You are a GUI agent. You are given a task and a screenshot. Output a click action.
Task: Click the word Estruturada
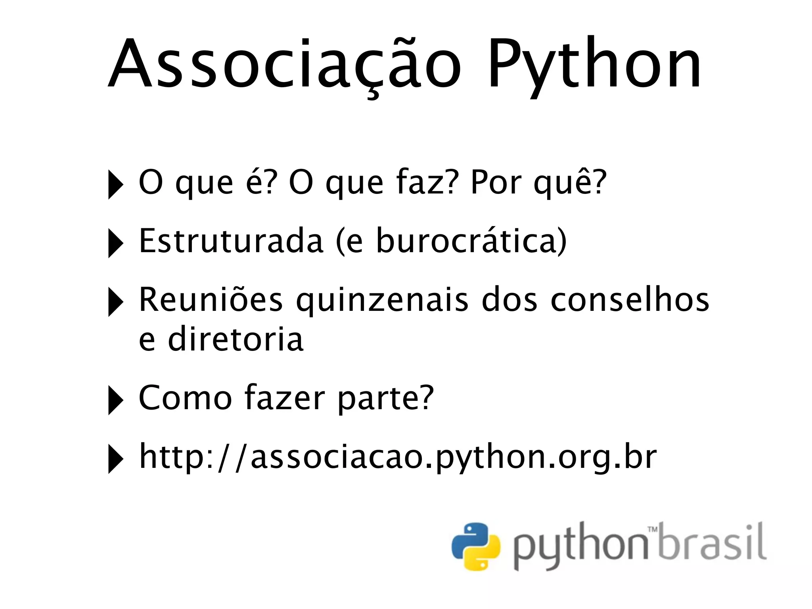click(231, 241)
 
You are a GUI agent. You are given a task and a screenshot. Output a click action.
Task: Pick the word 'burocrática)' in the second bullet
click(471, 241)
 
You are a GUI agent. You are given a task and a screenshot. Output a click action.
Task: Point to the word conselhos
click(630, 300)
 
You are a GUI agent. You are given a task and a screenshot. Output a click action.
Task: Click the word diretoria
click(236, 339)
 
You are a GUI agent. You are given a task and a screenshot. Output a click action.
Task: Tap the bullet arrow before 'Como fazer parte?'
click(115, 400)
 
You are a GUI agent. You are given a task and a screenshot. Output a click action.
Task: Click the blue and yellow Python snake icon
click(476, 546)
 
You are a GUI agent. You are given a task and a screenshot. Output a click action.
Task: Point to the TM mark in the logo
click(652, 529)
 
